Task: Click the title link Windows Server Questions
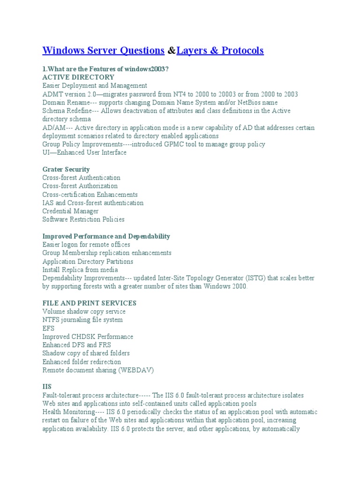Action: click(x=103, y=50)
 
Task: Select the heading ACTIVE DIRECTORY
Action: click(x=78, y=77)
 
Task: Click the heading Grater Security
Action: click(x=66, y=169)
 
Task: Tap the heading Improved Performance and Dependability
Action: click(x=106, y=236)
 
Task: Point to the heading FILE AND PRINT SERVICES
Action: click(x=89, y=303)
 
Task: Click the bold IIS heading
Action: click(x=47, y=387)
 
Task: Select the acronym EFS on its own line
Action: click(x=48, y=328)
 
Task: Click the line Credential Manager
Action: click(x=70, y=211)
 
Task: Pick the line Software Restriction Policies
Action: click(x=83, y=219)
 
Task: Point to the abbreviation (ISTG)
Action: click(x=254, y=278)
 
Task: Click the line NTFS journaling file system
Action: click(x=82, y=320)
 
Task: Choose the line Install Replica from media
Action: click(x=80, y=270)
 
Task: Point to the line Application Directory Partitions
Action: click(x=88, y=261)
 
